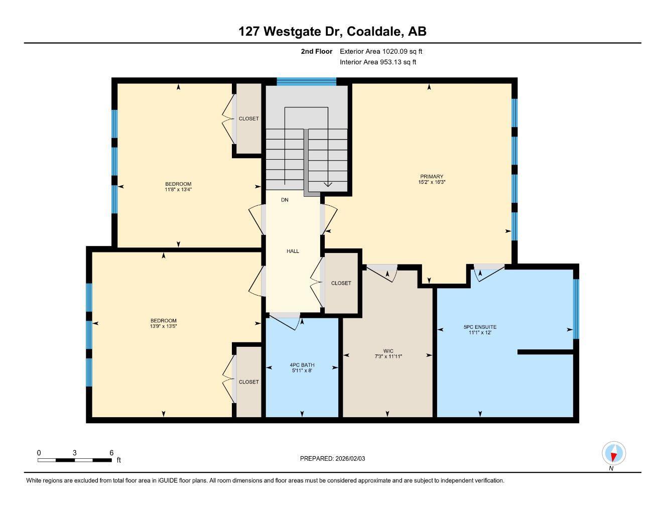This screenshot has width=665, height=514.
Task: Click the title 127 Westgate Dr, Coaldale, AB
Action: [x=332, y=32]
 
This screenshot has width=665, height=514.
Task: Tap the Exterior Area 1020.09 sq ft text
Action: [x=381, y=51]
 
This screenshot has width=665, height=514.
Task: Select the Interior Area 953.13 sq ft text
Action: [x=378, y=62]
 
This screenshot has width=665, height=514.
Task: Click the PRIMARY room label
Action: [x=432, y=177]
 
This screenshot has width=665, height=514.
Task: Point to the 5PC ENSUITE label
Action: [x=480, y=327]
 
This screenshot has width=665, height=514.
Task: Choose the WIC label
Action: [x=388, y=351]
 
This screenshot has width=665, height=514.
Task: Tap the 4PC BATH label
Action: [x=302, y=365]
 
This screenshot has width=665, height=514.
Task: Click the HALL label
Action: [x=293, y=251]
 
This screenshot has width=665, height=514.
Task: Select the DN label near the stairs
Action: [x=285, y=200]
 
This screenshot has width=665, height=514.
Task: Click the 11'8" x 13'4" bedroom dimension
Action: [x=178, y=190]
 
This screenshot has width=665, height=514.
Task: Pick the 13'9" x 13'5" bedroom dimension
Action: [x=163, y=326]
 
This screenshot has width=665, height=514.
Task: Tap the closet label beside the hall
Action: [x=341, y=283]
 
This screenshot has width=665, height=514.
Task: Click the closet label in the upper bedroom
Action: [x=248, y=118]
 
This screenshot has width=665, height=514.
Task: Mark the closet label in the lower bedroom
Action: [x=248, y=382]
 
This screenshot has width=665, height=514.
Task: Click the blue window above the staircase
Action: [x=306, y=81]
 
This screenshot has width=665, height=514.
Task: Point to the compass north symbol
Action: [x=613, y=454]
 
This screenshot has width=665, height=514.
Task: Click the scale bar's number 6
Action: [x=111, y=453]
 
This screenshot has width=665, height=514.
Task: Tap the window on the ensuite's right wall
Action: [x=576, y=309]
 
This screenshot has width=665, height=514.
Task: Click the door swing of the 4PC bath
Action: [x=285, y=322]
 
